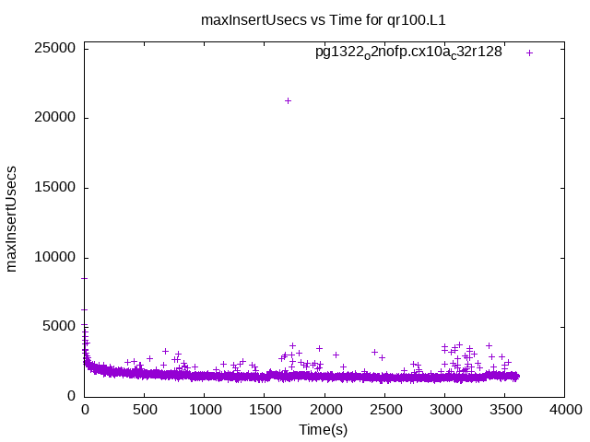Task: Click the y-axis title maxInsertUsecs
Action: (13, 219)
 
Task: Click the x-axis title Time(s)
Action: (323, 430)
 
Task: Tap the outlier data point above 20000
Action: (288, 100)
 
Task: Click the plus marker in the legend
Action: (529, 52)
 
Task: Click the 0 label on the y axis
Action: (72, 396)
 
